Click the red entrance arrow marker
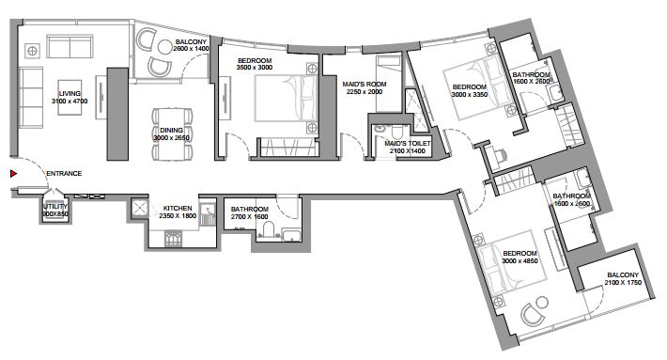(13, 174)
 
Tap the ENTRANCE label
(64, 174)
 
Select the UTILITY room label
(55, 207)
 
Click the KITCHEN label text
(178, 209)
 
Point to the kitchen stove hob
(173, 239)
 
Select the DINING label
(171, 131)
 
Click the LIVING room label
(70, 94)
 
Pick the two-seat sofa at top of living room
(70, 46)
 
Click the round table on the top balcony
(164, 47)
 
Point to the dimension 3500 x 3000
(255, 68)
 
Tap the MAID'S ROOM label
(365, 85)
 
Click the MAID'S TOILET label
(408, 144)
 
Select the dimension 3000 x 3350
(469, 94)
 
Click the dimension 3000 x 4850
(520, 261)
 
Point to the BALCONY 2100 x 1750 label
(623, 279)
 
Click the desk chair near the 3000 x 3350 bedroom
(501, 156)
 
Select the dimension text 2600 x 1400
(191, 49)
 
